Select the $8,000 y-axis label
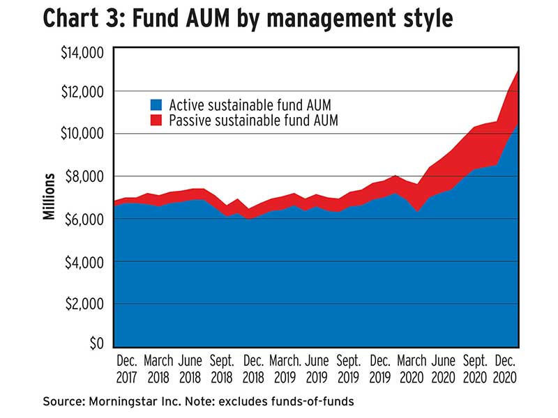pyautogui.click(x=86, y=176)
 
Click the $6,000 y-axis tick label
pyautogui.click(x=86, y=219)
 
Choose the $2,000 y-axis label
pyautogui.click(x=86, y=304)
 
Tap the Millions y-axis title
pyautogui.click(x=49, y=199)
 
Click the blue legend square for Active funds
pyautogui.click(x=156, y=105)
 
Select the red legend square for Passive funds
pyautogui.click(x=156, y=121)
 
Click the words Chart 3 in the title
pyautogui.click(x=84, y=19)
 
